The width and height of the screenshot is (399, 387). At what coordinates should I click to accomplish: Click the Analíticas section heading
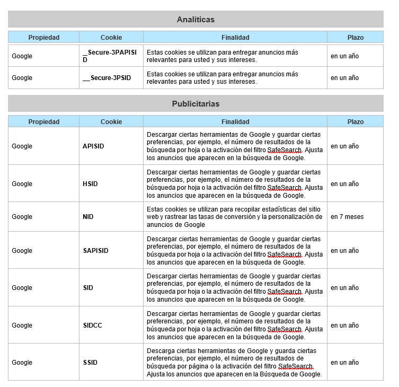[196, 20]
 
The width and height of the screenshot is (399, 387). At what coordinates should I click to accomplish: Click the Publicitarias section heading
[196, 104]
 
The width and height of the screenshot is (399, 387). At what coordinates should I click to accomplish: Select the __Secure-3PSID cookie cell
[107, 78]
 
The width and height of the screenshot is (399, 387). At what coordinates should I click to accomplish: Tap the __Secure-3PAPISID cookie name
[110, 56]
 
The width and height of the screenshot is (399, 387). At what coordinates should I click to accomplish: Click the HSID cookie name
[91, 184]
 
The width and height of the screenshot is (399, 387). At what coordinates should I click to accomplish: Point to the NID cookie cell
[88, 217]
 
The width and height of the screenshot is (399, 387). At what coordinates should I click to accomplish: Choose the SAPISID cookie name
[95, 251]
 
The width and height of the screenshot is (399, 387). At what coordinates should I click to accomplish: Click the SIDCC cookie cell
[93, 326]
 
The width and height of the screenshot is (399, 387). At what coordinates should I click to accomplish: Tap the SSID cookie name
[90, 363]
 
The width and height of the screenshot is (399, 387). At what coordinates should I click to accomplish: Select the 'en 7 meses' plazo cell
[347, 217]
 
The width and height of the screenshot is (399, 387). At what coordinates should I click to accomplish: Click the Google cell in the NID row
[22, 217]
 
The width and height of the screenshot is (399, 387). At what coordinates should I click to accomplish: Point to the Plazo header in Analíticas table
[356, 38]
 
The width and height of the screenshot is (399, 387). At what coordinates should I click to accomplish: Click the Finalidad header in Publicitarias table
[235, 122]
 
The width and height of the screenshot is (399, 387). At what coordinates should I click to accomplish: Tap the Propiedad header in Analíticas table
[44, 38]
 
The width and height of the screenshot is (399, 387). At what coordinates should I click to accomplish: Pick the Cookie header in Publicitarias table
[111, 122]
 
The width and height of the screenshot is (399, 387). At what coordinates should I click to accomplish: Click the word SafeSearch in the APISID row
[284, 150]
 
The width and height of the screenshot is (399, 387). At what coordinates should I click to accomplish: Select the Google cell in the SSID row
[22, 363]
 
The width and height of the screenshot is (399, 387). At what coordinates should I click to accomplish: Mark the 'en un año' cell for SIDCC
[345, 326]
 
